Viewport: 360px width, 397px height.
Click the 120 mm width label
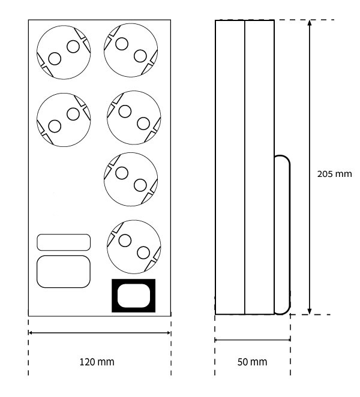pyautogui.click(x=97, y=362)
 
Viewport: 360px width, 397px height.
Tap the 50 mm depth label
pyautogui.click(x=252, y=362)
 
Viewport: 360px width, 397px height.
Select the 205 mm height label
pyautogui.click(x=334, y=174)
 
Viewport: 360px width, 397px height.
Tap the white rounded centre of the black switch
pyautogui.click(x=134, y=296)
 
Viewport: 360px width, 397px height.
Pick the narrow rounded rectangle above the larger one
pyautogui.click(x=64, y=242)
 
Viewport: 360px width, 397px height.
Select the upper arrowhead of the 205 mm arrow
pyautogui.click(x=310, y=23)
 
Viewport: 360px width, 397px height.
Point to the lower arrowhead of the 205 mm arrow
pyautogui.click(x=310, y=311)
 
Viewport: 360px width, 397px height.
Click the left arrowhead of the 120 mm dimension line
pyautogui.click(x=30, y=332)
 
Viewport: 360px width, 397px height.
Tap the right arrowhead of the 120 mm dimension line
pyautogui.click(x=169, y=332)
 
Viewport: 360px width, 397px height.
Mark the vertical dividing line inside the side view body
pyautogui.click(x=245, y=167)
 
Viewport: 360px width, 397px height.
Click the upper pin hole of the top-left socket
pyautogui.click(x=73, y=47)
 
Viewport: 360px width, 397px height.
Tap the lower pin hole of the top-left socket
pyautogui.click(x=55, y=59)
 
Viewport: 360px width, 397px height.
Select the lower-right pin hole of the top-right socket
pyautogui.click(x=140, y=56)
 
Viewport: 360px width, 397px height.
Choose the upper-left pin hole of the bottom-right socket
pyautogui.click(x=125, y=240)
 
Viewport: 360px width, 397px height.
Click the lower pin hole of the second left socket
pyautogui.click(x=55, y=126)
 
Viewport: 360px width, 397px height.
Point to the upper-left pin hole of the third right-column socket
pyautogui.click(x=122, y=173)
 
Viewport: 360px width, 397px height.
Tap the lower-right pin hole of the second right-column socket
pyautogui.click(x=143, y=124)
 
